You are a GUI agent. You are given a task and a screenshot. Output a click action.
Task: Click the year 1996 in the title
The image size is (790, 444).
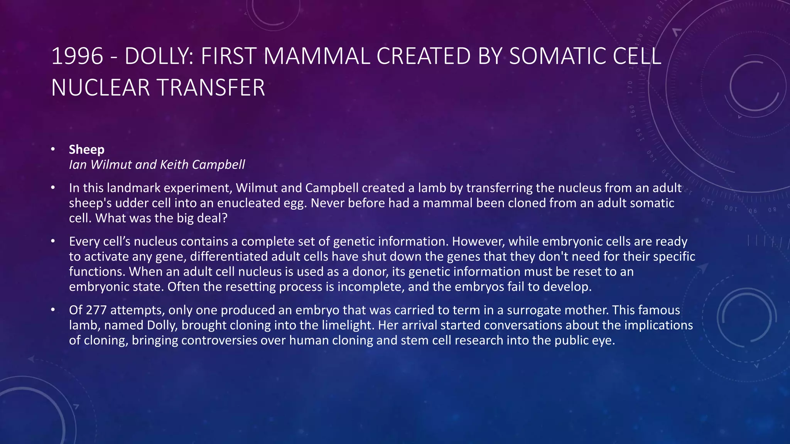tap(77, 56)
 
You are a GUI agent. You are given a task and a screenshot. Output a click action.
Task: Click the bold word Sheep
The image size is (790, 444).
tap(87, 150)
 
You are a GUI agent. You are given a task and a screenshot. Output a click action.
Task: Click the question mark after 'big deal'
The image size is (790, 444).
tap(225, 218)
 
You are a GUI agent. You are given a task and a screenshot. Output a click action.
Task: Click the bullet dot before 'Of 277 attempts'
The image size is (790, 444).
tap(53, 309)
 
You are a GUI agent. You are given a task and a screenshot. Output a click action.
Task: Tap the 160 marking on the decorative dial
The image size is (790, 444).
tap(633, 111)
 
